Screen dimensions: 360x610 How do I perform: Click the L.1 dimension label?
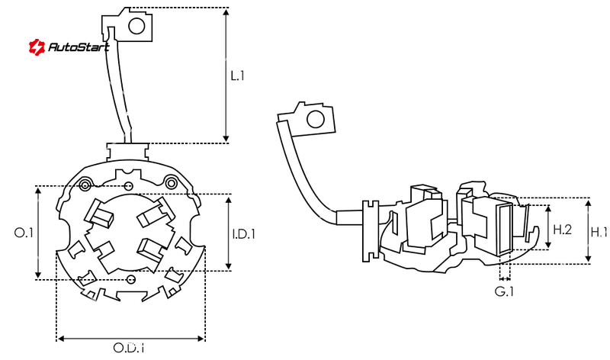(x=237, y=76)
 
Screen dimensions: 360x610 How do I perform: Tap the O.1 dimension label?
(x=24, y=233)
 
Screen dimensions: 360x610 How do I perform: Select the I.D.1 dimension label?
(x=244, y=233)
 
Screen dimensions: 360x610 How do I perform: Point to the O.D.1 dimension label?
(x=129, y=349)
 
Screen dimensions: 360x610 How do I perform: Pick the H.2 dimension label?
(x=563, y=229)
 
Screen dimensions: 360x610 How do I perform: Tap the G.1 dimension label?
(x=504, y=291)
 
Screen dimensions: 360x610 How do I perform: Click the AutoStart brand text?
(x=79, y=47)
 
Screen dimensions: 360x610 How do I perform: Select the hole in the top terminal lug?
(x=137, y=27)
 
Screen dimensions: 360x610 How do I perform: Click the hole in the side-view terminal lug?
(x=313, y=120)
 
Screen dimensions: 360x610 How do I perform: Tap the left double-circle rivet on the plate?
(x=85, y=184)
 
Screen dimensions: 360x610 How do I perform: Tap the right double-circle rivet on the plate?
(x=172, y=182)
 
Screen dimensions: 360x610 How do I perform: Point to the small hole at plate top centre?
(x=129, y=187)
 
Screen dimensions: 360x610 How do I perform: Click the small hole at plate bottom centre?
(x=131, y=280)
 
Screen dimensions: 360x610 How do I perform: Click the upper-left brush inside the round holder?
(x=101, y=214)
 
